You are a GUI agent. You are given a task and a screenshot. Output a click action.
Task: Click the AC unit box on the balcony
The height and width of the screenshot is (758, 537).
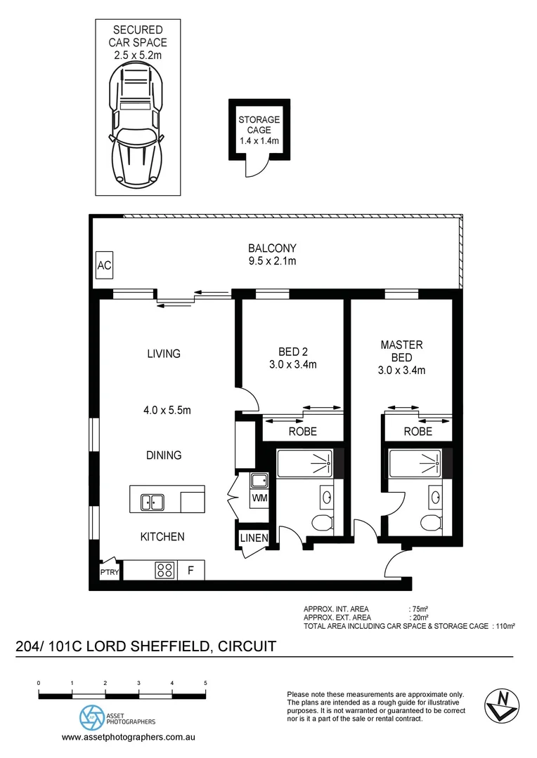click(104, 267)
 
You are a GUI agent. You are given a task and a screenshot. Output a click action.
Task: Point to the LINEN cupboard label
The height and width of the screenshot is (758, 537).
click(254, 538)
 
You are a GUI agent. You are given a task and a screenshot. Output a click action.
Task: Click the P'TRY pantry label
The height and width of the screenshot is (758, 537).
click(109, 572)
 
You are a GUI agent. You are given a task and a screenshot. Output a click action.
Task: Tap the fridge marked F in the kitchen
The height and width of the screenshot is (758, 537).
click(190, 571)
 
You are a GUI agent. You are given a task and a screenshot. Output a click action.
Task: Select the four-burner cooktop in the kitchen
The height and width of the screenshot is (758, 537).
click(164, 571)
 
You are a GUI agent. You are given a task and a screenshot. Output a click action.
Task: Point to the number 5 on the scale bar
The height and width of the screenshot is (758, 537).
click(205, 682)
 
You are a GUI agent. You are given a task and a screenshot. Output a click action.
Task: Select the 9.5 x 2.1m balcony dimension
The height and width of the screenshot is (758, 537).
click(272, 262)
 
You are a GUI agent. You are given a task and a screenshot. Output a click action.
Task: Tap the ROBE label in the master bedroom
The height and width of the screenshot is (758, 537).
click(418, 432)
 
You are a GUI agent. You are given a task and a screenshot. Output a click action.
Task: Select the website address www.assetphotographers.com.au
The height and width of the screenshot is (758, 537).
click(129, 738)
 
